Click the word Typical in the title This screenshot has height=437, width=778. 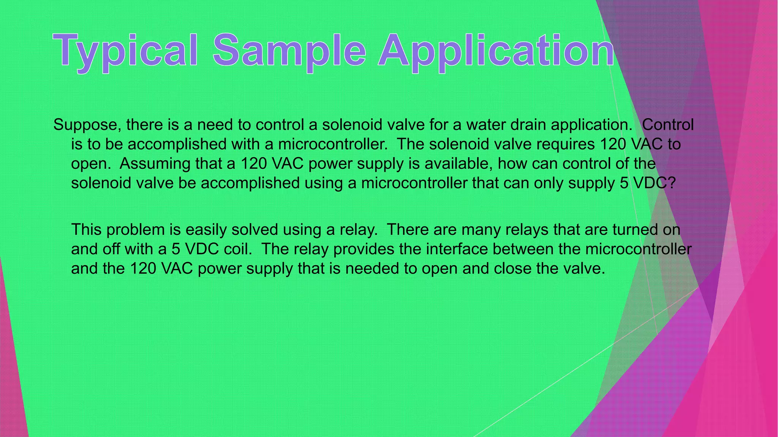click(125, 51)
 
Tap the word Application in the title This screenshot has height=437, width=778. click(496, 51)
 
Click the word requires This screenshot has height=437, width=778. click(565, 145)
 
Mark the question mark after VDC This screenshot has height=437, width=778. click(672, 183)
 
